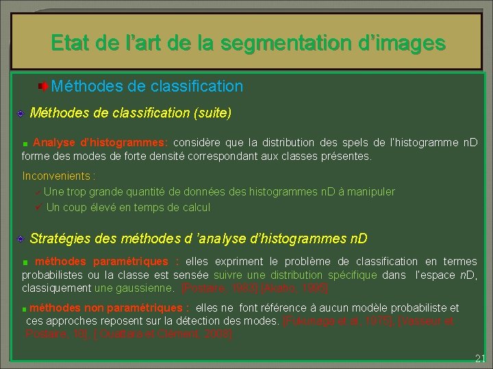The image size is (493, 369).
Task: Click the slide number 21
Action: tap(480, 358)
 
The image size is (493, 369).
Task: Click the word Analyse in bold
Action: tap(55, 143)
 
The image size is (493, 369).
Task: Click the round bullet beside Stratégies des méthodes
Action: tap(21, 239)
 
